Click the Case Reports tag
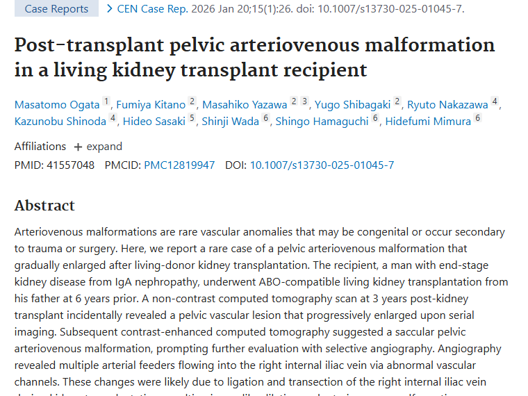(x=56, y=9)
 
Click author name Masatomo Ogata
(x=57, y=105)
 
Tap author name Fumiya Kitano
(x=151, y=105)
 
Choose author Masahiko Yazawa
(x=245, y=105)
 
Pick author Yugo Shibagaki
(x=352, y=105)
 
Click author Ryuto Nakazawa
(x=447, y=105)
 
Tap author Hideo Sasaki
(x=154, y=122)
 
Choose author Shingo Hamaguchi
(x=322, y=122)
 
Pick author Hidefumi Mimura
(x=429, y=122)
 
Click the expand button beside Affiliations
(x=98, y=147)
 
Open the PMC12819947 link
(x=179, y=165)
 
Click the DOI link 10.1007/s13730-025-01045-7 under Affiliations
(x=322, y=165)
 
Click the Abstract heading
(x=44, y=206)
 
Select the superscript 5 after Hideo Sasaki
(x=192, y=119)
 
